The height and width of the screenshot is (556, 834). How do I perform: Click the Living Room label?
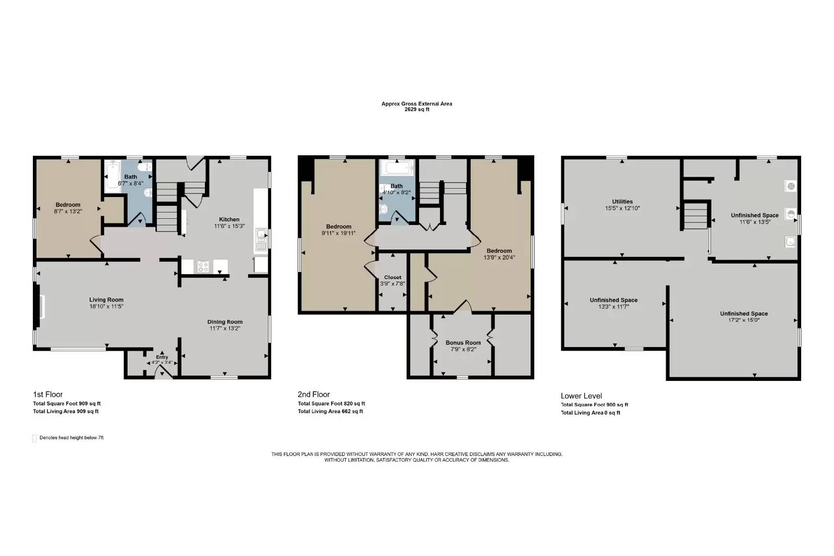tap(106, 300)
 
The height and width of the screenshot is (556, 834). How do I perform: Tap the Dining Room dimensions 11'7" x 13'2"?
tap(225, 328)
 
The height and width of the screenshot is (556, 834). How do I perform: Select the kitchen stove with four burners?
tap(203, 267)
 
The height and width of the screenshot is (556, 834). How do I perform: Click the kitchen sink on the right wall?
tap(261, 240)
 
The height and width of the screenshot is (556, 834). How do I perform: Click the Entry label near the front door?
tap(162, 357)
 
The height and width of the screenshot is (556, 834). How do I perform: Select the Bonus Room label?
tap(462, 343)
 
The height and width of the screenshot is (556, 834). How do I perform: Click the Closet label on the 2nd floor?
tap(393, 277)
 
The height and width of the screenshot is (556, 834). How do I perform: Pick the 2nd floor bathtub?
tap(397, 168)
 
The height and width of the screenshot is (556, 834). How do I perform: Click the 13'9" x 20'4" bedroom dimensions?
tap(499, 257)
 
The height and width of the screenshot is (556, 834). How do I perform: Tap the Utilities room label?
tap(622, 202)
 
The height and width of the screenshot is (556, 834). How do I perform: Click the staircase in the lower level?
tap(695, 215)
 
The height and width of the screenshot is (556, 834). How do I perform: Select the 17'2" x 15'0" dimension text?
tap(744, 320)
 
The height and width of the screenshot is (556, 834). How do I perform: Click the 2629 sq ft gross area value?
tap(416, 109)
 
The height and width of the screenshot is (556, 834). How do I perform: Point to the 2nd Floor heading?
tap(314, 394)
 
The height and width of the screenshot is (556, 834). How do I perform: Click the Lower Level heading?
tap(581, 396)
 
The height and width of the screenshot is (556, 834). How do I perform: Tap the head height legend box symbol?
tap(34, 438)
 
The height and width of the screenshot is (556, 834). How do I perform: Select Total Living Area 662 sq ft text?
tap(330, 412)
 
